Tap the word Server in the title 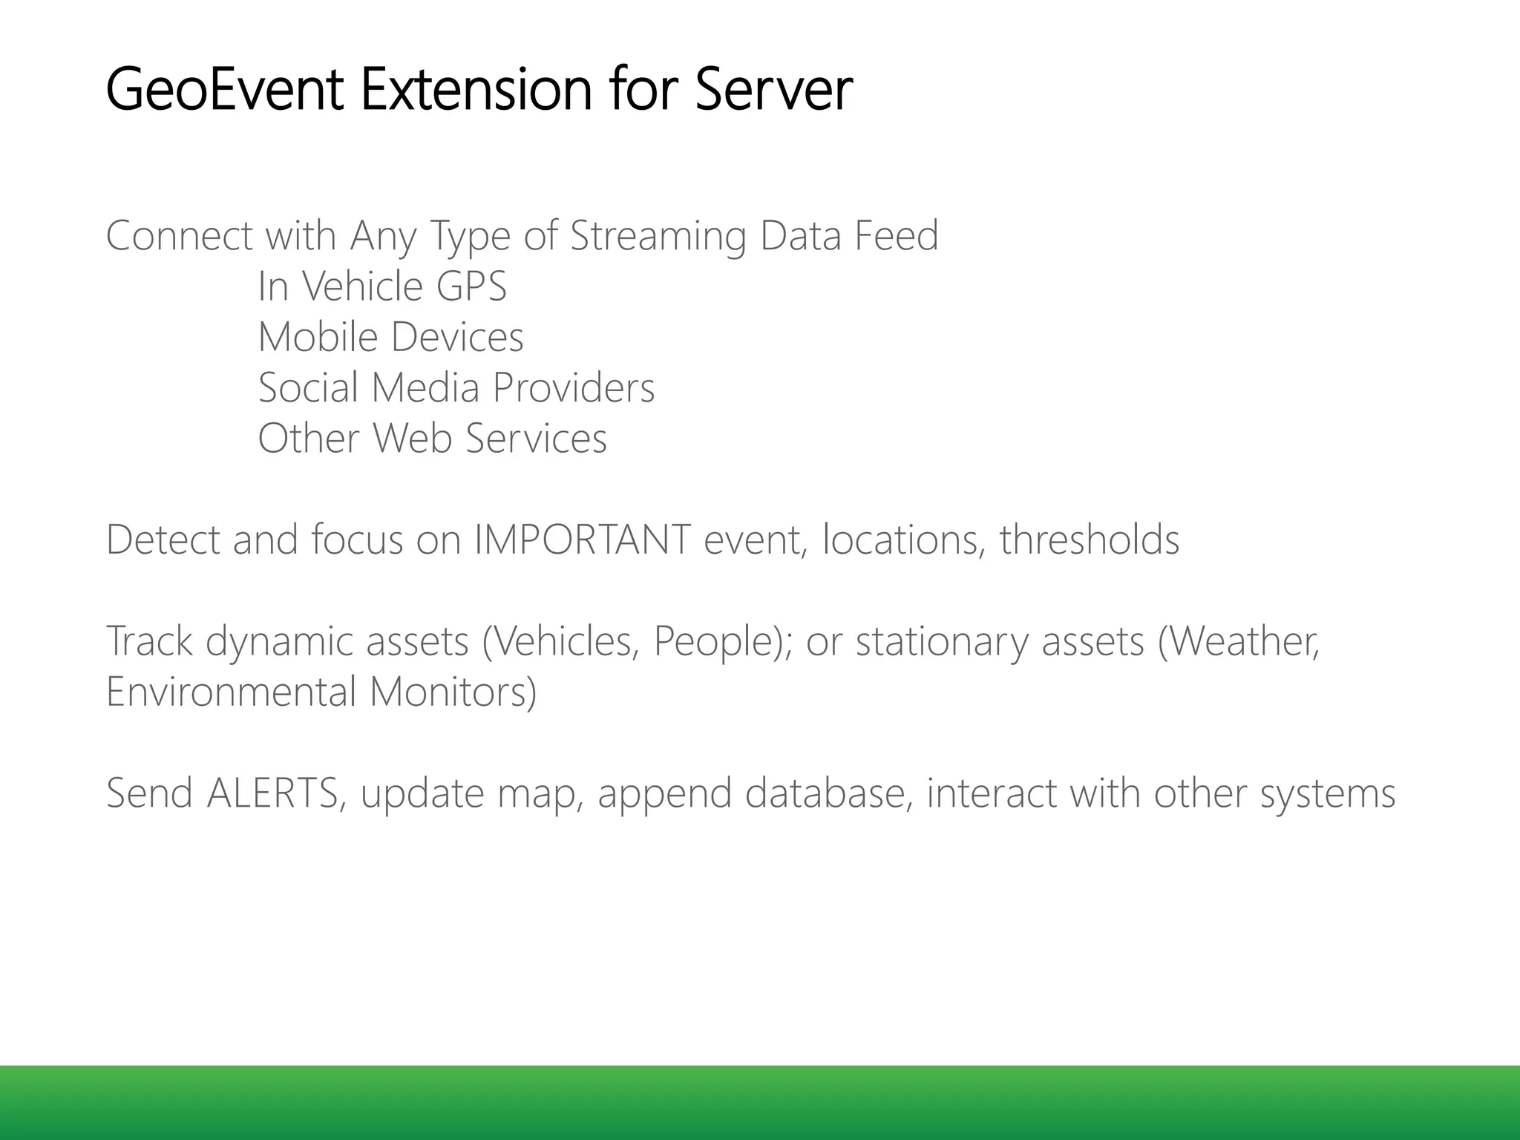(x=773, y=90)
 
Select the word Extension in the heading (x=475, y=90)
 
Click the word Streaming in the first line (x=658, y=236)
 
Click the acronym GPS (x=471, y=286)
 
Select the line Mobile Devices (x=390, y=337)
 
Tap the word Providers (x=573, y=387)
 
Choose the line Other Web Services (x=432, y=438)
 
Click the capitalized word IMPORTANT (x=583, y=540)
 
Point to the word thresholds (x=1089, y=540)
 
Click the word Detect (x=163, y=540)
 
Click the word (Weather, (x=1239, y=641)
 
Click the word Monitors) (x=453, y=692)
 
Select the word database (x=828, y=793)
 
